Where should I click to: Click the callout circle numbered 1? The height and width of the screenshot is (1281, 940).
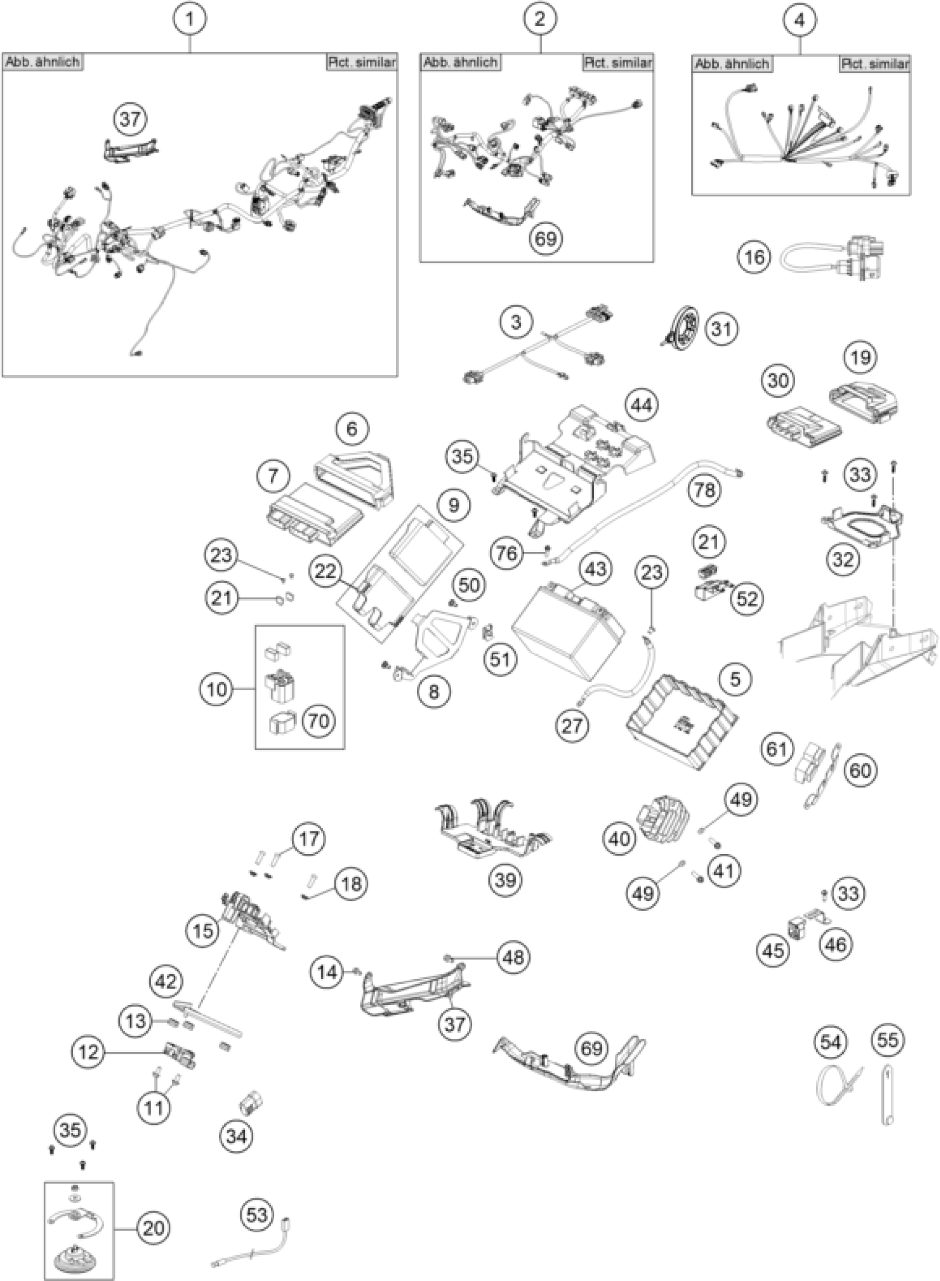(190, 19)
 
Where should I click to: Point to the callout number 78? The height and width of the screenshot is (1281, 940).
(704, 489)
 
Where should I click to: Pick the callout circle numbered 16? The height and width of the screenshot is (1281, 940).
(755, 257)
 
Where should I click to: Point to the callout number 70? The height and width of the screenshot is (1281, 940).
(318, 721)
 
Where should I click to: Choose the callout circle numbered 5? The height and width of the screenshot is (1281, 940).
(735, 679)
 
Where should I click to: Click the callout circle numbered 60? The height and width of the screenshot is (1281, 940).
(860, 770)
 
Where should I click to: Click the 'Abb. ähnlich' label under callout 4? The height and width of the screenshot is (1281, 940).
(732, 64)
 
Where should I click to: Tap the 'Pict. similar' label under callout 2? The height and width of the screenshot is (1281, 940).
(618, 62)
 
